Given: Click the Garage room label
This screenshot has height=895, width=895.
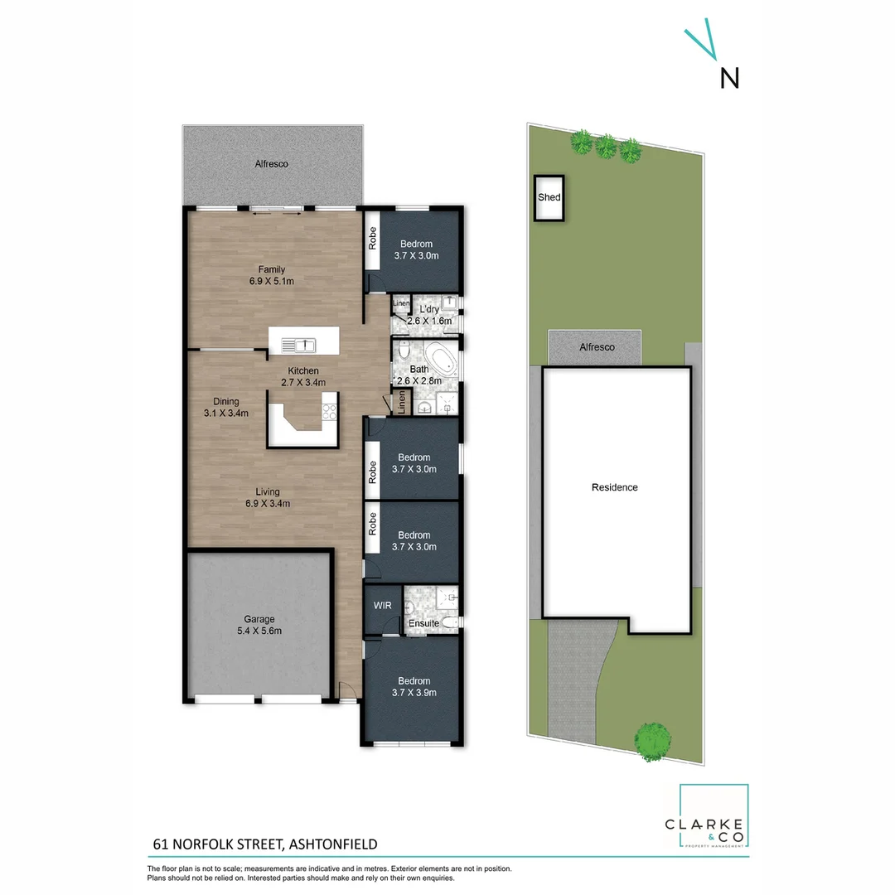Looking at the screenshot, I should coord(259,619).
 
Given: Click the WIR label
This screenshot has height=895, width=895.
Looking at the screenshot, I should coord(382,606).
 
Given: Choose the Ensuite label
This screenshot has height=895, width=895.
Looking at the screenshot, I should coord(423,623).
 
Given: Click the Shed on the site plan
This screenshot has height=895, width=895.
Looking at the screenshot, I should coord(549,198).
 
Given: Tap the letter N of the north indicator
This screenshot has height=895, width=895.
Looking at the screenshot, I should coord(729,78).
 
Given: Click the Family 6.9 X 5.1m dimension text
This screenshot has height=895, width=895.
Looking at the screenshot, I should coord(272,281).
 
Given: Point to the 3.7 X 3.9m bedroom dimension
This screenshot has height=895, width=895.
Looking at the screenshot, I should coord(414,693).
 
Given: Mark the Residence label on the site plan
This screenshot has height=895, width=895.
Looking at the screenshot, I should coord(614,487).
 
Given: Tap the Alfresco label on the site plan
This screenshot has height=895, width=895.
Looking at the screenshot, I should coord(597,347).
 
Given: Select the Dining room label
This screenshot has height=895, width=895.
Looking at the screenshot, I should coord(225,401).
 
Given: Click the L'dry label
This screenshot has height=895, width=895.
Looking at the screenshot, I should coord(429,309).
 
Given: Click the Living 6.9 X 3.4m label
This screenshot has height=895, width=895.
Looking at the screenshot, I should coord(267,497).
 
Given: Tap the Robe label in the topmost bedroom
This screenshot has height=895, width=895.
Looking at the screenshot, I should coord(374,239).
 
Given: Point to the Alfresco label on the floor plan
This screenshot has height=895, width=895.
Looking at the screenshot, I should coord(271,164).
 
